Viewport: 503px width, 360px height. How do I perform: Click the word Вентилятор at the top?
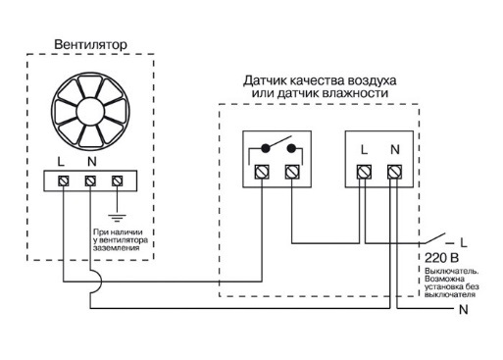pos(89,44)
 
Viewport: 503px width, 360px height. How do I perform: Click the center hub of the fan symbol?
pos(90,107)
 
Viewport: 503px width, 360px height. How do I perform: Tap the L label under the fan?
pos(64,161)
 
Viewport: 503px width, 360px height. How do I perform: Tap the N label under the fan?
pos(90,161)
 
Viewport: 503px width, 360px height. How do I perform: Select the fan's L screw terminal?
pos(64,180)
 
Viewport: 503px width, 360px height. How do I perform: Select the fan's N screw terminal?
pos(90,180)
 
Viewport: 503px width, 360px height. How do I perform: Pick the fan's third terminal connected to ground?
pos(118,180)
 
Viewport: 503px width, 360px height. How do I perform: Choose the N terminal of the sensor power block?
pos(393,173)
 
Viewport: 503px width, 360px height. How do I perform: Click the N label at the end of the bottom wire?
pos(463,310)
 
